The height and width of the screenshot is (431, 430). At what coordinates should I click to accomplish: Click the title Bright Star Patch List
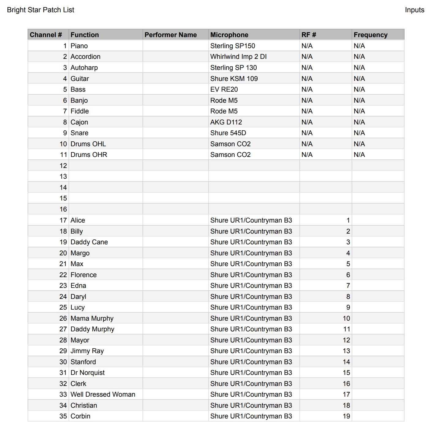(40, 10)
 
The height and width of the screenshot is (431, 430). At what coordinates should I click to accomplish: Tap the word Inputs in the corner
(414, 10)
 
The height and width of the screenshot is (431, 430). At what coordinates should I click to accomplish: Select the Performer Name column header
(171, 35)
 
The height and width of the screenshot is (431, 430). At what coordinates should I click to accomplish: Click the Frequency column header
(370, 35)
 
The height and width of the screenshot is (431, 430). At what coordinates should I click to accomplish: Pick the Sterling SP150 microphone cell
(232, 46)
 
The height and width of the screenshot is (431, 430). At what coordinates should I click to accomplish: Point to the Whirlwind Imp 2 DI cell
(238, 56)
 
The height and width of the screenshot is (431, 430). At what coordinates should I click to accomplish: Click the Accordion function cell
(85, 56)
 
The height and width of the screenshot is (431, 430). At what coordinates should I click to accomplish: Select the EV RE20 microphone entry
(224, 89)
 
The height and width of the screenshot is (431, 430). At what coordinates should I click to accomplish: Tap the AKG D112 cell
(226, 122)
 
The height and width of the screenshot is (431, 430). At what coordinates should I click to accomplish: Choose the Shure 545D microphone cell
(228, 133)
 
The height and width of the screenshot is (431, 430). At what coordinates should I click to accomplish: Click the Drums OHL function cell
(88, 144)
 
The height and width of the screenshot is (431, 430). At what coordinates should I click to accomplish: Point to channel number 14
(63, 187)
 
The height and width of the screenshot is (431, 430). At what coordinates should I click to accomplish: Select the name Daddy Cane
(89, 242)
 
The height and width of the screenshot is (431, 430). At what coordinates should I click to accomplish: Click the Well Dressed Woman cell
(103, 394)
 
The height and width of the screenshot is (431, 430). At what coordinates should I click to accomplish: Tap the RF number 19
(346, 416)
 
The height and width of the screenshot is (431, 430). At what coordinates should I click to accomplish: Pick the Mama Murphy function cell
(92, 318)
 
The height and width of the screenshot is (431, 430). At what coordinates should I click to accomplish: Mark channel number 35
(63, 416)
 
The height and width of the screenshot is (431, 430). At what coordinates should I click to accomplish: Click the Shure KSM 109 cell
(234, 78)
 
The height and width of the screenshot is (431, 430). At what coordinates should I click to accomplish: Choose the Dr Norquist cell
(88, 372)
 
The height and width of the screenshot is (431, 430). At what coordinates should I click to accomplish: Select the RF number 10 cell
(346, 318)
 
